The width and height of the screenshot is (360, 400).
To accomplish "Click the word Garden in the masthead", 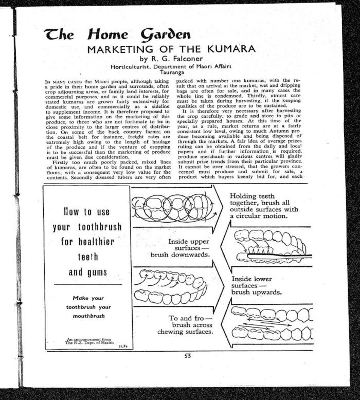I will click(165, 34).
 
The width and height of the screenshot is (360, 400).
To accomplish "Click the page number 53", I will click(187, 354).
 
